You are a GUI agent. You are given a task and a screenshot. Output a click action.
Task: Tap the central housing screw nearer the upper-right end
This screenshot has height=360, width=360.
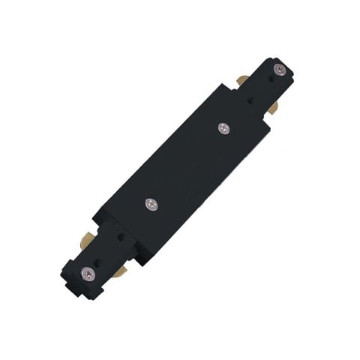coord(223,128)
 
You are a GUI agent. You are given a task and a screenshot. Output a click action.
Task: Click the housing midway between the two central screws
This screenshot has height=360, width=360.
coord(187,165)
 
